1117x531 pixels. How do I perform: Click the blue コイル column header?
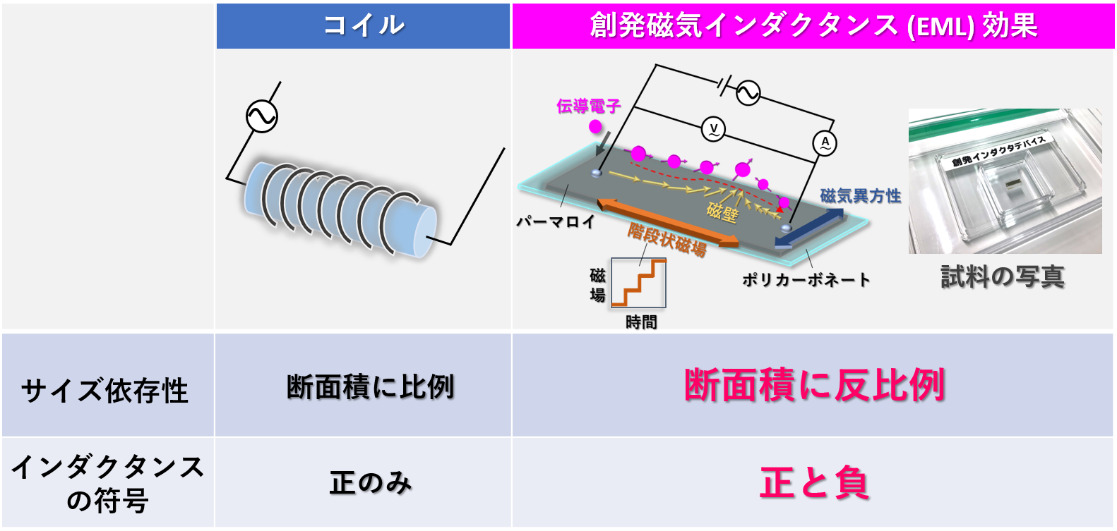coord(363,26)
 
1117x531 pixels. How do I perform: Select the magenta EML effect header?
coord(813,26)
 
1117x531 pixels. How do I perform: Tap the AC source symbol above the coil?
coord(261,116)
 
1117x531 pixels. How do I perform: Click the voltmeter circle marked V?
coord(713,129)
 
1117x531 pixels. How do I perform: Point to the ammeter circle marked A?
coord(825,143)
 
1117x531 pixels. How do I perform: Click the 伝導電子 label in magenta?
coord(588,106)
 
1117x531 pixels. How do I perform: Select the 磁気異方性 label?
coord(860,196)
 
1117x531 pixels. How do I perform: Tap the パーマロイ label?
coord(556,221)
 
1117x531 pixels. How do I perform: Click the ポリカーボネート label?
coord(806,280)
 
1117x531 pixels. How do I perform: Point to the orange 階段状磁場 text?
coord(667,240)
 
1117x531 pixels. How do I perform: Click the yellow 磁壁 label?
coord(722,212)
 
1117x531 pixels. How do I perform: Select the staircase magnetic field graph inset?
coord(638,282)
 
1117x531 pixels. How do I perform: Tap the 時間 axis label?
coord(641,322)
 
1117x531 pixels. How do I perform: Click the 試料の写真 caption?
coord(1002,276)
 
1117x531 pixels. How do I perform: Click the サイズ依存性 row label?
coord(104,390)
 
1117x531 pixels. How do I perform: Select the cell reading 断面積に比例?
coord(370,386)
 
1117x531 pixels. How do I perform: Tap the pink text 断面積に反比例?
coord(814,385)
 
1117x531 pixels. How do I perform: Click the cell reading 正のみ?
coord(370,483)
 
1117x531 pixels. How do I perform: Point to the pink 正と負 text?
coord(814,483)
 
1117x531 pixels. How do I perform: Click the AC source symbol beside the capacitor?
coord(748,92)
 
